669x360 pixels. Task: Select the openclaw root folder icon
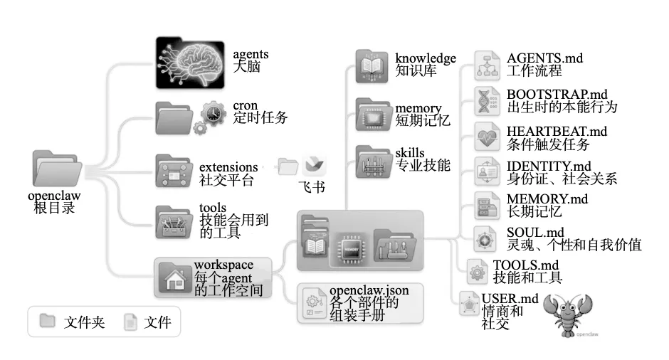(55, 169)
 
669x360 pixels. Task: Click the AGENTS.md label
(544, 58)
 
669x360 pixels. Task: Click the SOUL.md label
(535, 233)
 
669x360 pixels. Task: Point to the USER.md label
(510, 298)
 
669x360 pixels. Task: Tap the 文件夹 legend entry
(84, 322)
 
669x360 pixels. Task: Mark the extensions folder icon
(174, 171)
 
